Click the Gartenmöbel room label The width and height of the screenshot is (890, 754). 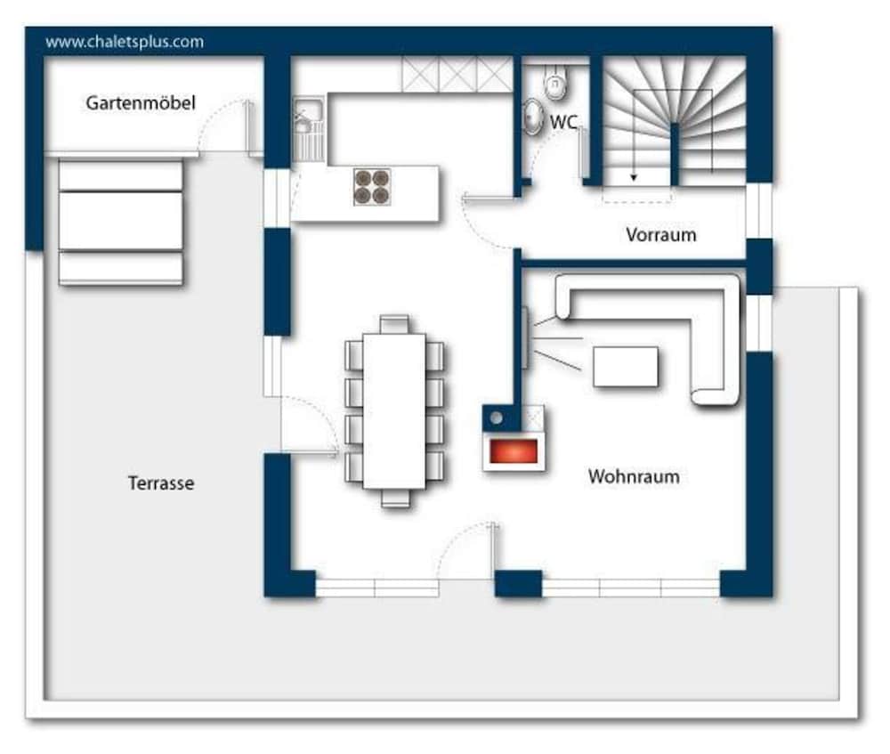tap(141, 102)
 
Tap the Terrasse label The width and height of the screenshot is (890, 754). tap(161, 483)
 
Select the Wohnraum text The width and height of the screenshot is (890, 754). tap(634, 476)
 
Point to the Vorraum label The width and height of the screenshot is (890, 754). tap(661, 234)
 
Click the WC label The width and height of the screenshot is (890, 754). tap(563, 121)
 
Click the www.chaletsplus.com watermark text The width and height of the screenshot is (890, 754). tap(125, 42)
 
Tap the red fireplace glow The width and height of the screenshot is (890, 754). tap(514, 451)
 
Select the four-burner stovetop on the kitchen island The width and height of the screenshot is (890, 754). tap(372, 187)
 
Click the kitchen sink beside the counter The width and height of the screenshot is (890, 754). tap(308, 129)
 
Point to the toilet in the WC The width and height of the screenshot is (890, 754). tap(555, 81)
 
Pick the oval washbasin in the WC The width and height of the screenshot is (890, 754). tap(532, 117)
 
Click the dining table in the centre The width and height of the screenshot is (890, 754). tap(394, 411)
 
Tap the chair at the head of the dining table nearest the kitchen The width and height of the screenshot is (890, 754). tap(394, 324)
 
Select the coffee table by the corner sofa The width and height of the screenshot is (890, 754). tap(626, 367)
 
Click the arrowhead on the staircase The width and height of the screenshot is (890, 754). tap(634, 178)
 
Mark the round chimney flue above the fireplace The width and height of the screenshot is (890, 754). tap(496, 418)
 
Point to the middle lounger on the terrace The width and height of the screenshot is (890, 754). tap(120, 221)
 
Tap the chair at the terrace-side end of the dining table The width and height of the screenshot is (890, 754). tap(396, 498)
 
